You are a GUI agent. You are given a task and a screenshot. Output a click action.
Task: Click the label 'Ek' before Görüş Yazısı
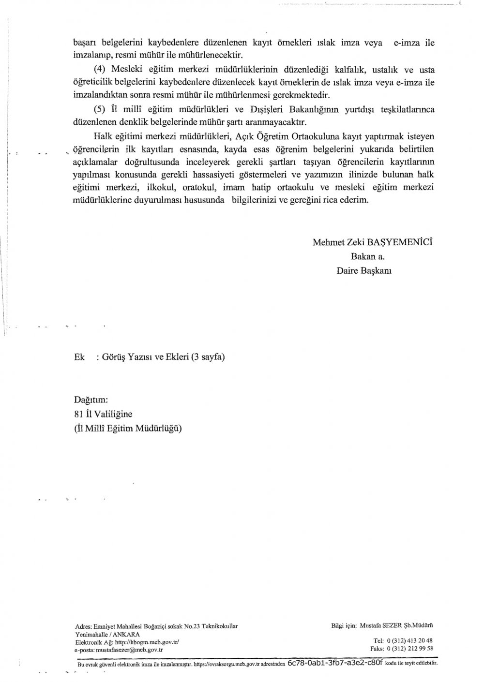point(79,357)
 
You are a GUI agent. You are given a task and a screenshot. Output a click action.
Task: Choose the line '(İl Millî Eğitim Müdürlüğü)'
point(128,428)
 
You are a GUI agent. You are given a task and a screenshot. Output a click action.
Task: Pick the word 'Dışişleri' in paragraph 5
point(265,109)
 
